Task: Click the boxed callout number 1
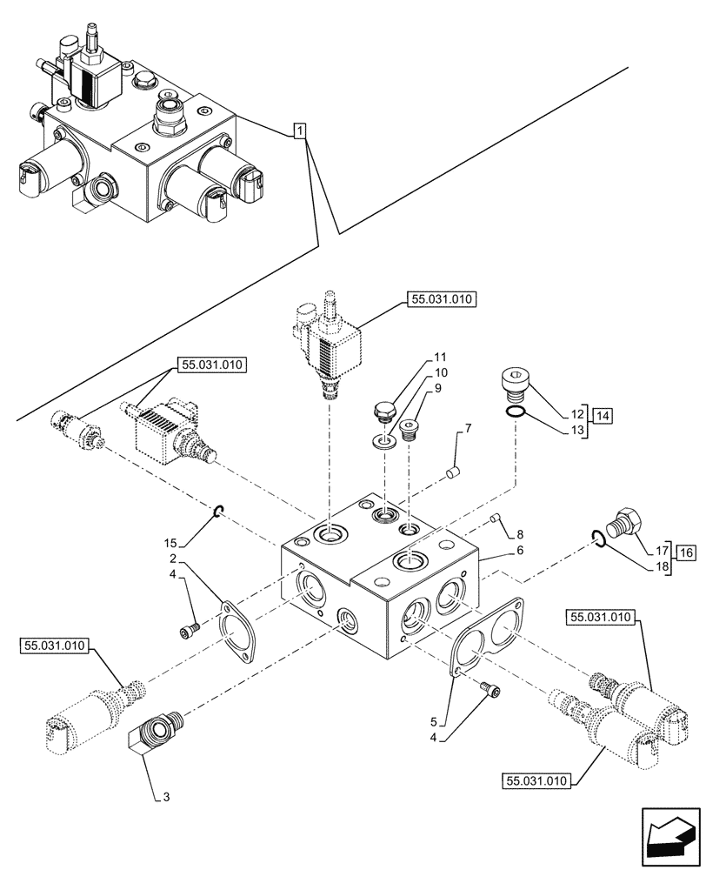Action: [x=298, y=131]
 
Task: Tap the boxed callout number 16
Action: [x=686, y=552]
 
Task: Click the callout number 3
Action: [x=156, y=794]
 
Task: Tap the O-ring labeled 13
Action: [x=515, y=412]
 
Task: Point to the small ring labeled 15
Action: [x=220, y=511]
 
